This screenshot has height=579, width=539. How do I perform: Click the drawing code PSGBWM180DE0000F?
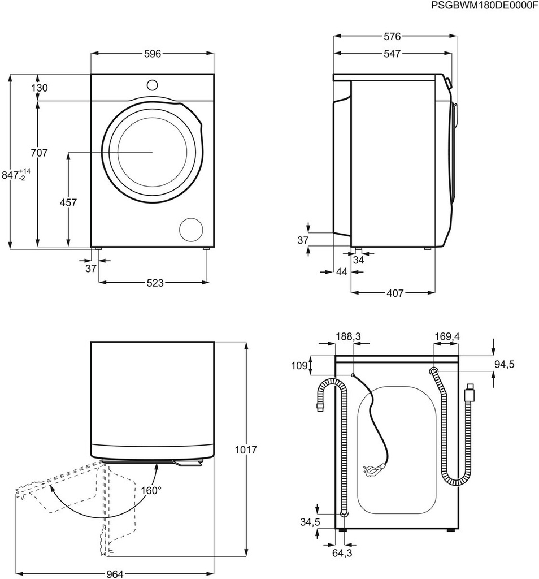click(484, 6)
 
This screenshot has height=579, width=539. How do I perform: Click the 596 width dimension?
click(152, 54)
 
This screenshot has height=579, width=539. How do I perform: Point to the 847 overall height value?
click(16, 175)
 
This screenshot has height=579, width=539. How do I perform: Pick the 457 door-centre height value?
click(68, 202)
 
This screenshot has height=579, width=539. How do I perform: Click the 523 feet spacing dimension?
click(152, 283)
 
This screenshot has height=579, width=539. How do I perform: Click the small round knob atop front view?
click(152, 85)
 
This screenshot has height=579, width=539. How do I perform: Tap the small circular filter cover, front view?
click(191, 229)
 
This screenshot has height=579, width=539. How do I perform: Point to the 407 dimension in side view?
click(395, 293)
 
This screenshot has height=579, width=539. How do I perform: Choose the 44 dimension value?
click(341, 272)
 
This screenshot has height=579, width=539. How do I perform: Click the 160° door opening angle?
click(151, 490)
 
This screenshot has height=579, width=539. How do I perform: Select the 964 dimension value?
click(115, 574)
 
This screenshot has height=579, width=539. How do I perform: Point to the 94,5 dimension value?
click(504, 364)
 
